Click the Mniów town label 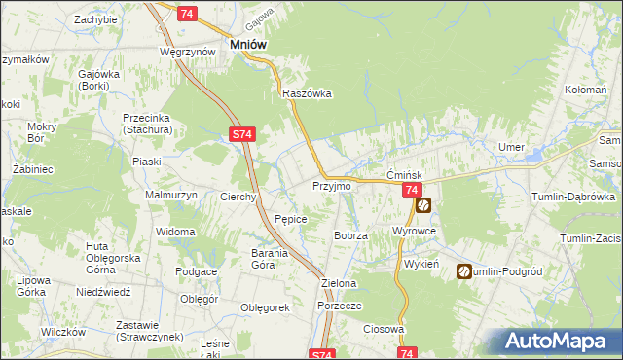pos(248,44)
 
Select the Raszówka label pos(308,93)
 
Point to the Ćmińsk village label pos(403,173)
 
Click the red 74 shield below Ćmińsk pos(412,190)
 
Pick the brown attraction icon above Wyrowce pos(423,205)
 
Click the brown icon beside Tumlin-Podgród pos(464,271)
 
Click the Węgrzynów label pos(187,52)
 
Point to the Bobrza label pos(349,235)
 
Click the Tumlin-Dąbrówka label pos(573,197)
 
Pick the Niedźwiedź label pos(103,291)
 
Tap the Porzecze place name pos(340,306)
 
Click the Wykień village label pos(421,264)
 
